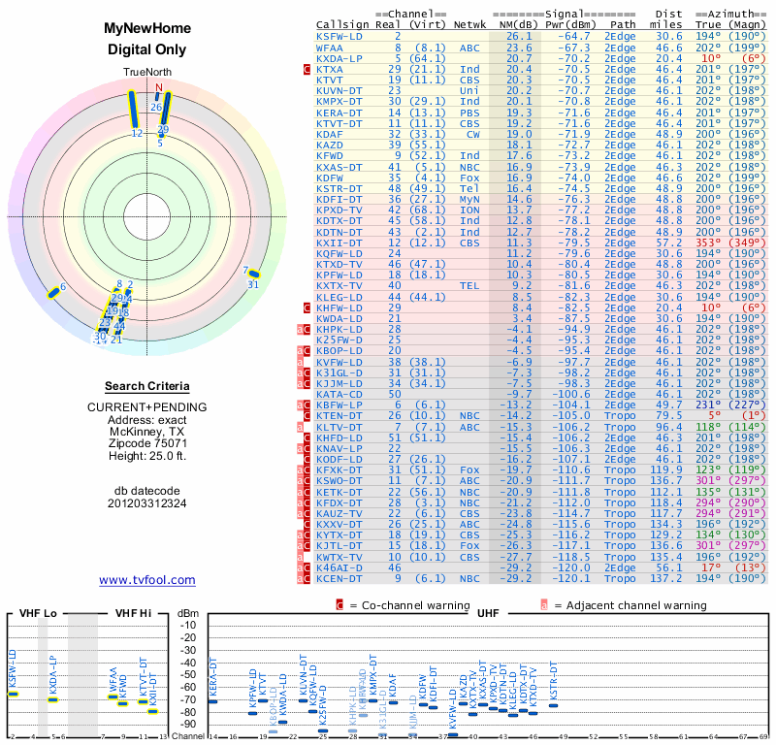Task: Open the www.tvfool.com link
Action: (x=147, y=580)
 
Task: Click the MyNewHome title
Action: (x=147, y=29)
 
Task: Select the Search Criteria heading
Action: (x=147, y=385)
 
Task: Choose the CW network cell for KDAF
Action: (x=473, y=134)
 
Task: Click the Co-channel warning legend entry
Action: (x=407, y=605)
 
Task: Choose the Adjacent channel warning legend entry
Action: (x=615, y=605)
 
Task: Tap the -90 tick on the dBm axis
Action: (x=188, y=724)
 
